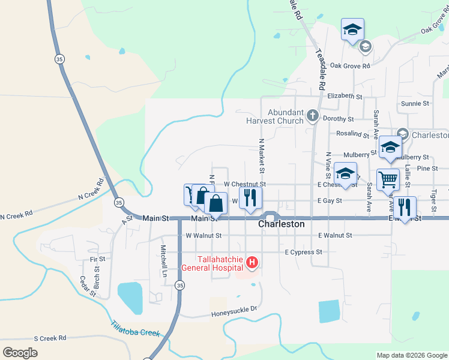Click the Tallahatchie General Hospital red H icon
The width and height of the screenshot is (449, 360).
(253, 263)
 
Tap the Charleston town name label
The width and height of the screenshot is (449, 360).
(281, 224)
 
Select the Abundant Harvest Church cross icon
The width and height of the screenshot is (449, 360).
(312, 116)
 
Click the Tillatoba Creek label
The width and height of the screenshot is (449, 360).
(135, 329)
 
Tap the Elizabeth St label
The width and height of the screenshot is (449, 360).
(345, 96)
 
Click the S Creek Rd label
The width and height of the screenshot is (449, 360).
(50, 338)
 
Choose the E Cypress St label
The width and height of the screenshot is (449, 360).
(304, 252)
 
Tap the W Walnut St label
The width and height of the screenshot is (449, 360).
(204, 236)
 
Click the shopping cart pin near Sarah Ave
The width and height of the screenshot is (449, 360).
(388, 179)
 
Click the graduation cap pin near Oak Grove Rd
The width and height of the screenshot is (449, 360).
(353, 29)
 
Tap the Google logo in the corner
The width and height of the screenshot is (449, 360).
(20, 352)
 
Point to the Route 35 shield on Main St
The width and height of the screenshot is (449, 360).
(119, 202)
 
